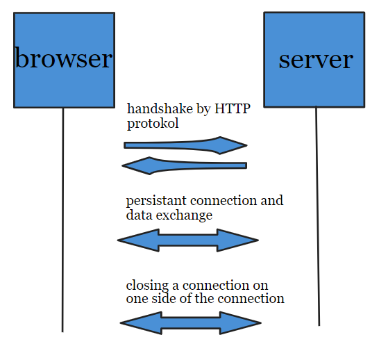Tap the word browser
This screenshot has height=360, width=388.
click(63, 58)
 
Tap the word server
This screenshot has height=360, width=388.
click(315, 59)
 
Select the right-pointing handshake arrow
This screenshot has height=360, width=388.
click(185, 145)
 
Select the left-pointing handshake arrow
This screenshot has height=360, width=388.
click(184, 165)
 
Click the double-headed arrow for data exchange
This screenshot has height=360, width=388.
click(188, 241)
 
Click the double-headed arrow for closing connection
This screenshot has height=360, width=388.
click(190, 323)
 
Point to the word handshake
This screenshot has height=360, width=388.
click(155, 109)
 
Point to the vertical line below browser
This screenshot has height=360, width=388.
click(63, 222)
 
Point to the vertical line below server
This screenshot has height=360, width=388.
click(318, 222)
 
